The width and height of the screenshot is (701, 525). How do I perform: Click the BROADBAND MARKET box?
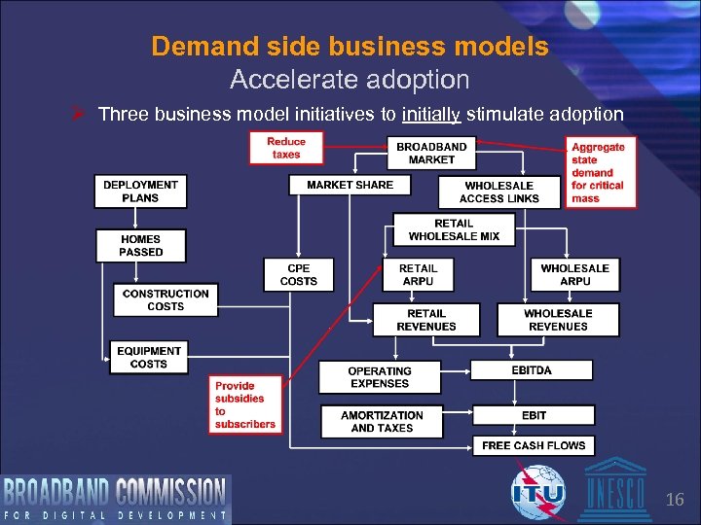pos(431,153)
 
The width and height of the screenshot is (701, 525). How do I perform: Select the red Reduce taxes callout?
pos(285,148)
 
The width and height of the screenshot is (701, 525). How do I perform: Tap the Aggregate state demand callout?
pos(601,172)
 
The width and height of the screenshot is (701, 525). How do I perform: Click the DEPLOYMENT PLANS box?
pos(140,191)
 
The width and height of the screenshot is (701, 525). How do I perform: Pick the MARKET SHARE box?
pos(350,185)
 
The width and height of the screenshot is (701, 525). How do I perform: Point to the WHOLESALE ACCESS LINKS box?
pos(498,192)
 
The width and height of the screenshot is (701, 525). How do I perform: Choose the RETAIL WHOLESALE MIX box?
pos(454,229)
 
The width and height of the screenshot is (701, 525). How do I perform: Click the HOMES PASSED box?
pos(140,245)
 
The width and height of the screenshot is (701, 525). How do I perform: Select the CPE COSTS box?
pos(298,274)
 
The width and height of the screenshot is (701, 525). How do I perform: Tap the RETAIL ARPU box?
pos(418,274)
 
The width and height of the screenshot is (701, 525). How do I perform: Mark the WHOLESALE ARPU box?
pos(574,274)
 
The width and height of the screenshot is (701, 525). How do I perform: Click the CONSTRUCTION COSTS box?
pos(165,299)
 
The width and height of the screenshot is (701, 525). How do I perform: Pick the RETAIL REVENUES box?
pos(425,320)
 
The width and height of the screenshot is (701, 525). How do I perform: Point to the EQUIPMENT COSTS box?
pos(148,357)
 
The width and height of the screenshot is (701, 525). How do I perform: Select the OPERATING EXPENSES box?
pos(380,377)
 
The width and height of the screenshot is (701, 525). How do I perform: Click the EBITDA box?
pos(532,370)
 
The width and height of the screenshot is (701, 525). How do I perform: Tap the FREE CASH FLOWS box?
pos(534,445)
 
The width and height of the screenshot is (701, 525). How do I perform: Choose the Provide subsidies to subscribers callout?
pos(245,404)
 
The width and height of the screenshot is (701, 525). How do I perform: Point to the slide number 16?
pos(675,501)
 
